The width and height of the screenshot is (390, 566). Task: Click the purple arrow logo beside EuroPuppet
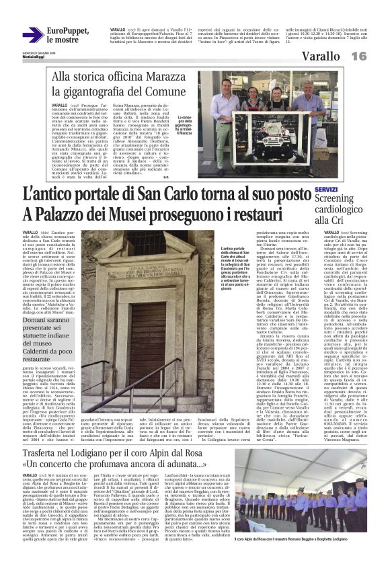[x=32, y=35]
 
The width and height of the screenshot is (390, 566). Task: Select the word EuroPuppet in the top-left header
[x=68, y=30]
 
